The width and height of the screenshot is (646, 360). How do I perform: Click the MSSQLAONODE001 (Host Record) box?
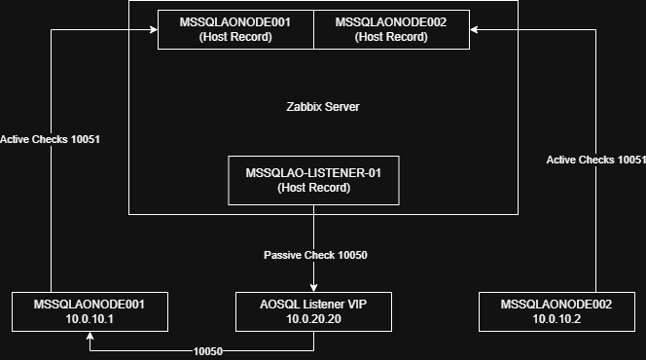(235, 29)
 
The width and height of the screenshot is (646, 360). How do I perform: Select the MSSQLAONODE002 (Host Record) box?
(391, 29)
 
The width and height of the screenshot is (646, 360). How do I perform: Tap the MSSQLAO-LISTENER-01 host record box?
(313, 180)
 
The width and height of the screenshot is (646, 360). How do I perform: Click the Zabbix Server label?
(323, 107)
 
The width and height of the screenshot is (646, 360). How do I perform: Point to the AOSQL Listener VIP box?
(313, 311)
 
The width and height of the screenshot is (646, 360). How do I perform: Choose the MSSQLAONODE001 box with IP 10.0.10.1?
(90, 311)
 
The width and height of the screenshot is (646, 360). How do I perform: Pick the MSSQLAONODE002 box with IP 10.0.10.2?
(556, 311)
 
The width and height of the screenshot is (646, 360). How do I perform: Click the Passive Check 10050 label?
(315, 255)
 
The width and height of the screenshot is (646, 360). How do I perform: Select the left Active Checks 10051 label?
(50, 140)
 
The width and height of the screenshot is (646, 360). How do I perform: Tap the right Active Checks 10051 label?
(595, 160)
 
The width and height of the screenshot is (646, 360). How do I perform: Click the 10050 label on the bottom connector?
(208, 351)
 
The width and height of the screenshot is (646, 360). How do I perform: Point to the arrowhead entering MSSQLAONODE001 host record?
(154, 29)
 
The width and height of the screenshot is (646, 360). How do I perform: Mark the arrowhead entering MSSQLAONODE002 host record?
(474, 29)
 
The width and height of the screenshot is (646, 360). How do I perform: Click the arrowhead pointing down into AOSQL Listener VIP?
(313, 288)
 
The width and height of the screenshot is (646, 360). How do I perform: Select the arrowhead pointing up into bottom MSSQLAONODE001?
(90, 336)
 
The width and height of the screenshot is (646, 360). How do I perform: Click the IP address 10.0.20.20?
(313, 319)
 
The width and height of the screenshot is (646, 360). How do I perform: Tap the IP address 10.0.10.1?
(90, 319)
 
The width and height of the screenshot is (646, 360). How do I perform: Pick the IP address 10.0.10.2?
(556, 319)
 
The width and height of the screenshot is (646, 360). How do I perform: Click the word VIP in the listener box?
(357, 305)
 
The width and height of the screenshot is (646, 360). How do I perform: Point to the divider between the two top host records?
(313, 29)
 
